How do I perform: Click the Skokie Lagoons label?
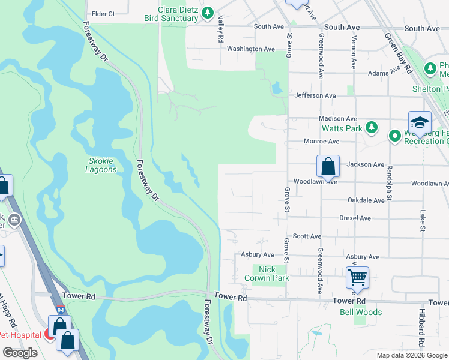(x=102, y=165)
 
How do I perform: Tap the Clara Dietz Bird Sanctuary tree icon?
(x=208, y=12)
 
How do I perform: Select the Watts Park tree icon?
(x=372, y=128)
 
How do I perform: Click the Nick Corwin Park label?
(x=267, y=274)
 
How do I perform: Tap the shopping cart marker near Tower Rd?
(x=357, y=278)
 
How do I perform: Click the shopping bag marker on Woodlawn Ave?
(x=328, y=166)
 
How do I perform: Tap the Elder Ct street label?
(x=103, y=13)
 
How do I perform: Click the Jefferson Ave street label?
(x=315, y=95)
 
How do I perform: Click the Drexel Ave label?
(x=355, y=218)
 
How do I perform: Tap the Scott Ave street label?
(x=307, y=237)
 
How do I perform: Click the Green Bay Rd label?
(x=400, y=52)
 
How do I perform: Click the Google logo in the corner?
(x=20, y=353)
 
